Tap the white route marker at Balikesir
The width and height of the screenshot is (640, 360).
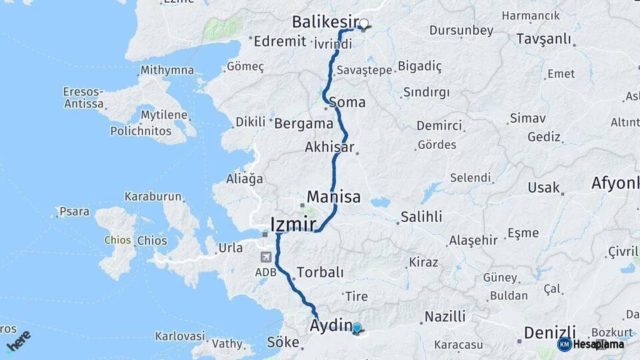[363, 25]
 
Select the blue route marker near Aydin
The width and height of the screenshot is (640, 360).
[357, 328]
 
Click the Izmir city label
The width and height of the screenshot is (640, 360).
[293, 223]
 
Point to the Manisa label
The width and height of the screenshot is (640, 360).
[333, 197]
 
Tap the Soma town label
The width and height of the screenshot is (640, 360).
[347, 103]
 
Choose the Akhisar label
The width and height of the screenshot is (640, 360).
[329, 147]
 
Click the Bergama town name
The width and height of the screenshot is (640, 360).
[303, 123]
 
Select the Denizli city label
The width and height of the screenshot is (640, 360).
[549, 331]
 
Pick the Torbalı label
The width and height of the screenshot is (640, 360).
[320, 272]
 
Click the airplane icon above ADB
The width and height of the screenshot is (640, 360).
[266, 257]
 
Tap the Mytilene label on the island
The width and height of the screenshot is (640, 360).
[163, 115]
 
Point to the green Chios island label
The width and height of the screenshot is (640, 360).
[117, 240]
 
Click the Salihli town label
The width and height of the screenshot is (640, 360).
[421, 217]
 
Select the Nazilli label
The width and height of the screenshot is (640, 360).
[445, 317]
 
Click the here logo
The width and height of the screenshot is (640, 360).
[18, 341]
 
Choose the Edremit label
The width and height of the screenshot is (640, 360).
[280, 41]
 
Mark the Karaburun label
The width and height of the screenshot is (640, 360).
[153, 197]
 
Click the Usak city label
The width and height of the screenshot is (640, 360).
[543, 187]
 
